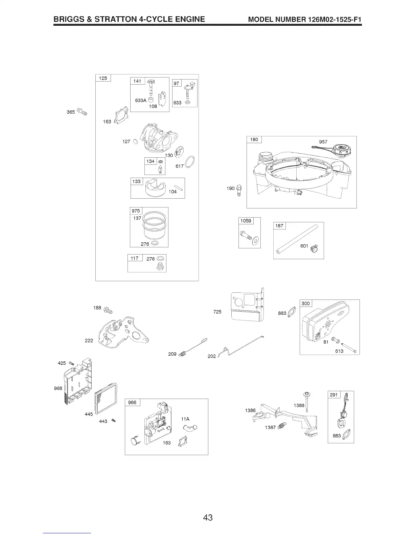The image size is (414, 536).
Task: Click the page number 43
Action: pyautogui.click(x=208, y=517)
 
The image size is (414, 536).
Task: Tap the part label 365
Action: pyautogui.click(x=71, y=112)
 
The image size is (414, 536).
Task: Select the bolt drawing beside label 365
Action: pyautogui.click(x=82, y=111)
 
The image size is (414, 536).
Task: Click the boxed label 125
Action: pyautogui.click(x=102, y=78)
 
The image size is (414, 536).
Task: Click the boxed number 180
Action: pyautogui.click(x=254, y=140)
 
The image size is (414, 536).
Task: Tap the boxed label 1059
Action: pyautogui.click(x=246, y=221)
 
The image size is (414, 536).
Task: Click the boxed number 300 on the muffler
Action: pyautogui.click(x=306, y=304)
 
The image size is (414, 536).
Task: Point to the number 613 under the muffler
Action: pyautogui.click(x=339, y=351)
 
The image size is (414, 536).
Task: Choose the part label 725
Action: pyautogui.click(x=217, y=312)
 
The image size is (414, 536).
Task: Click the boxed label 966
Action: pyautogui.click(x=132, y=402)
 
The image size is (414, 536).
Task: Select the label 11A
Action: pyautogui.click(x=185, y=419)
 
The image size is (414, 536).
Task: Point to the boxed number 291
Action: pyautogui.click(x=334, y=395)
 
